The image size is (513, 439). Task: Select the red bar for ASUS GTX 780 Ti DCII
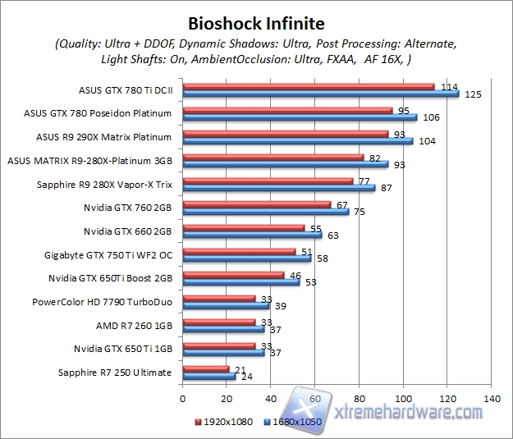[308, 86]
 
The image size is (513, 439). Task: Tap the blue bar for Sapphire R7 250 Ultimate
[208, 377]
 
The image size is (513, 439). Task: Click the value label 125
[473, 94]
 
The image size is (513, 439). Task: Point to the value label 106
[431, 117]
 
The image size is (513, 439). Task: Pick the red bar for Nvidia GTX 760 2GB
[256, 205]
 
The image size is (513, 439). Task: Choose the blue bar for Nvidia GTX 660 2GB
[251, 235]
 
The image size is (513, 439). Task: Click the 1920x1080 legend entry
[225, 422]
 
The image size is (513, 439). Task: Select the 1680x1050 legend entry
[291, 422]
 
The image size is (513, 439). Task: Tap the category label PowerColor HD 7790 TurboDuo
[102, 301]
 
